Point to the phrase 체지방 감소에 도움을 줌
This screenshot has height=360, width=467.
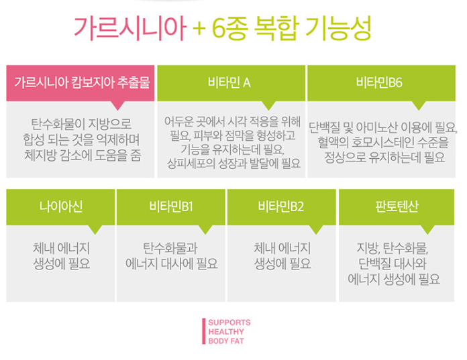point(81,156)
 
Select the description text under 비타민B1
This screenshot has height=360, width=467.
point(171,255)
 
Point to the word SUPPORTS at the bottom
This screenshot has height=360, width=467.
point(229,322)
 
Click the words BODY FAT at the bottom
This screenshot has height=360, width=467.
point(226,341)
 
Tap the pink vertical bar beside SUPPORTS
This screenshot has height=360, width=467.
point(203,331)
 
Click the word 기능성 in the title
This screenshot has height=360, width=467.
point(339,30)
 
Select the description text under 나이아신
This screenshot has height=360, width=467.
point(60,255)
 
